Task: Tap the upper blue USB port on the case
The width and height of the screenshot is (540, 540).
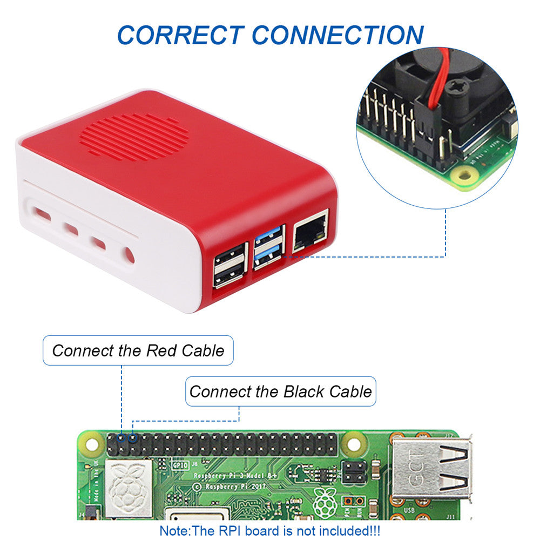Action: (x=268, y=237)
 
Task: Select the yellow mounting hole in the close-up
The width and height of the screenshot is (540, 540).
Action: (x=462, y=174)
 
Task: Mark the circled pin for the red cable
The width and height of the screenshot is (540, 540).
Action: (x=122, y=437)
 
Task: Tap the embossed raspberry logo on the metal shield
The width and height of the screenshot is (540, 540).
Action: (x=127, y=486)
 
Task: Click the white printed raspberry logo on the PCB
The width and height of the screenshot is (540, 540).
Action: (x=325, y=501)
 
